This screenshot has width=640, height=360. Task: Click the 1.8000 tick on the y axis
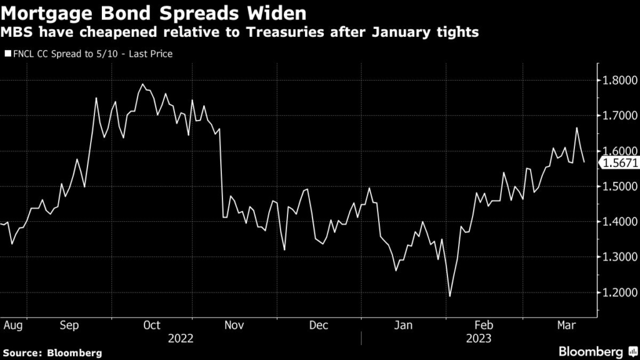coord(617,81)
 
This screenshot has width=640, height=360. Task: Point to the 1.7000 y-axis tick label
coord(617,116)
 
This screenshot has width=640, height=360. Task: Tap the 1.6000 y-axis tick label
coord(617,151)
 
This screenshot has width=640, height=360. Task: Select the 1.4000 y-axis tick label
coord(617,222)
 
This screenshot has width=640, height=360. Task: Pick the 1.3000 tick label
coord(617,257)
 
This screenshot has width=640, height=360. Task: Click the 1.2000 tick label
coord(617,292)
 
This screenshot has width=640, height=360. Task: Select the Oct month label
coord(152,325)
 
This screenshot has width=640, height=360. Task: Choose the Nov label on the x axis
coord(234,325)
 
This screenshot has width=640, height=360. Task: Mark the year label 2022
coord(181,339)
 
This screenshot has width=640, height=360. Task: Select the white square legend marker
coord(7,54)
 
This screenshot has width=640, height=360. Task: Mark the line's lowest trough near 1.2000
coord(449,296)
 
